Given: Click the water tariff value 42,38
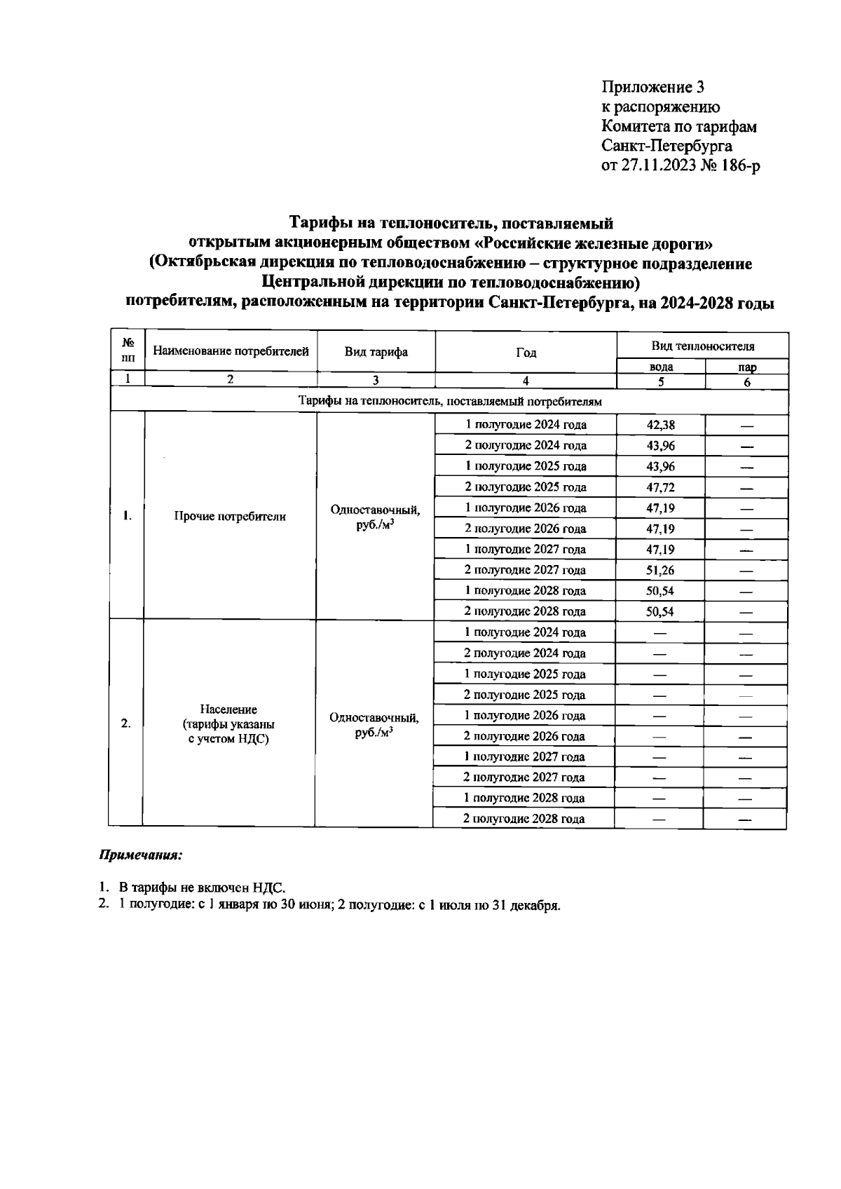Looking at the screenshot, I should pos(660,425).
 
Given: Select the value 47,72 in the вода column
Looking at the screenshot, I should pos(660,487).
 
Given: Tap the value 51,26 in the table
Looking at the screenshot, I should pos(660,570).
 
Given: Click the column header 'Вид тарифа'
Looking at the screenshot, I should pos(376,352).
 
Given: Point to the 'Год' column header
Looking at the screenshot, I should pos(526,352).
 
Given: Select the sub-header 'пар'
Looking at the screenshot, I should pos(747,367).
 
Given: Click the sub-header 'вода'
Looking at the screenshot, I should pos(661,367).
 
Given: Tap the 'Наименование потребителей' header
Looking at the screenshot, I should pos(231,351).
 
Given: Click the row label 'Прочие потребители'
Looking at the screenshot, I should pos(230,517).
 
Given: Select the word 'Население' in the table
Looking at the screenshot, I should pos(228,709).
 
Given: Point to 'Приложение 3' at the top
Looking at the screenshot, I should pos(652,87).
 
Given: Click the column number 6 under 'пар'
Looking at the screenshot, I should pos(747,382).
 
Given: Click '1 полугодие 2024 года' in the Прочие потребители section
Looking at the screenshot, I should pos(526,425).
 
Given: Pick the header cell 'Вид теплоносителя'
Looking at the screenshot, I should pos(703,346).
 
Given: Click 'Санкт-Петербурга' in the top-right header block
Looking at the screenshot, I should pos(666,147).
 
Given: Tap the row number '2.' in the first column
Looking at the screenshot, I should pos(126,723).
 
